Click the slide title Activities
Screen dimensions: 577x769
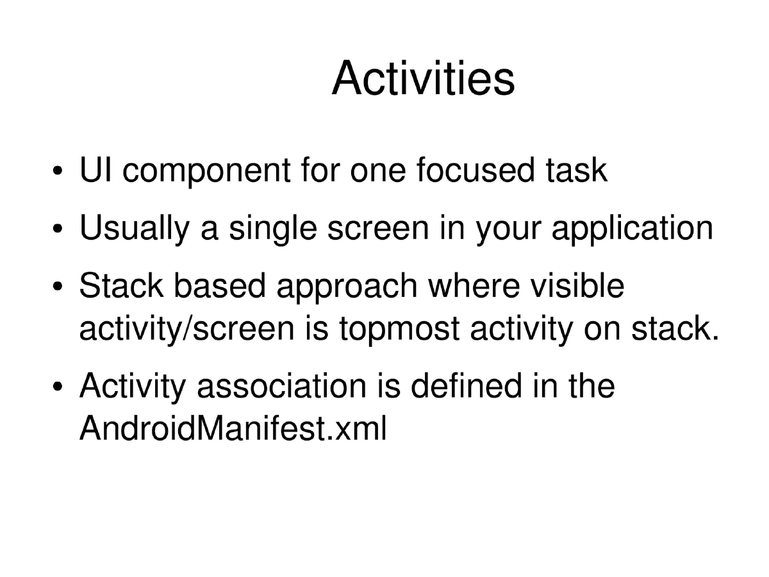(423, 79)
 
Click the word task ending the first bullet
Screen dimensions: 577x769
(575, 171)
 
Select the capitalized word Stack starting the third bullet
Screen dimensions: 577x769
(121, 286)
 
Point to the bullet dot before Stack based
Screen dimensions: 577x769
(58, 288)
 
